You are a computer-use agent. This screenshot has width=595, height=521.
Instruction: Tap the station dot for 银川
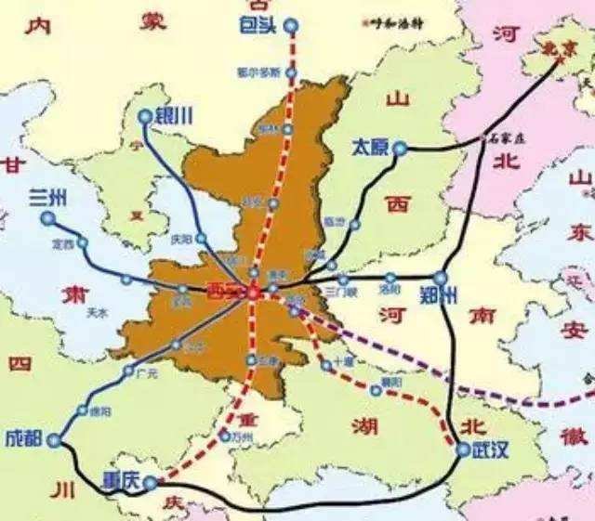pyautogui.click(x=145, y=116)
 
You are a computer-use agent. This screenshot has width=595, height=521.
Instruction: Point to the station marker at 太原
pyautogui.click(x=400, y=148)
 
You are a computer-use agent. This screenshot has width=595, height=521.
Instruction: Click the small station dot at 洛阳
pyautogui.click(x=390, y=277)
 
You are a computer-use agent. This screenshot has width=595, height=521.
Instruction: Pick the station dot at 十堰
pyautogui.click(x=327, y=367)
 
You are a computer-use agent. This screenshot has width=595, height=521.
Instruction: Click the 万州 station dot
pyautogui.click(x=223, y=434)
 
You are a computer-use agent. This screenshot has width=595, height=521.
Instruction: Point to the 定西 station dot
pyautogui.click(x=83, y=243)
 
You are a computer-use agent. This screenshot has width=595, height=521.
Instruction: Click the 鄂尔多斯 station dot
pyautogui.click(x=292, y=70)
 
